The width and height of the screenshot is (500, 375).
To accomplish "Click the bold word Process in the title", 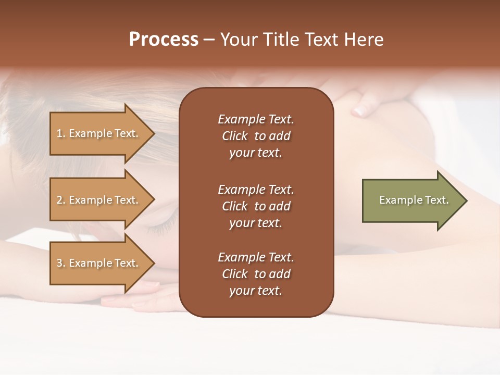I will [164, 40].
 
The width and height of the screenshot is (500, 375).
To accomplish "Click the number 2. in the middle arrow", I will [61, 201].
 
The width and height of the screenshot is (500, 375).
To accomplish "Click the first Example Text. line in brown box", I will [256, 119].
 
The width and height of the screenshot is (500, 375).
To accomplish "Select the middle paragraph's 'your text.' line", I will [256, 223].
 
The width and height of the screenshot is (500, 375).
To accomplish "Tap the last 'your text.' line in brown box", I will [256, 291].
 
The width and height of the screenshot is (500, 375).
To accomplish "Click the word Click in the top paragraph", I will [235, 136].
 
